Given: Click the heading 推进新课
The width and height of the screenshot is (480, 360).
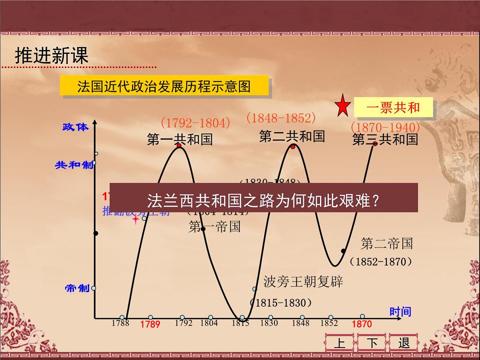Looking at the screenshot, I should pos(51,56).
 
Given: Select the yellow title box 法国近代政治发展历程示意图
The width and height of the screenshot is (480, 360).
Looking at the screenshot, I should pos(164,86).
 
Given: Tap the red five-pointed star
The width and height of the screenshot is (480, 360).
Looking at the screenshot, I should pos(342,106).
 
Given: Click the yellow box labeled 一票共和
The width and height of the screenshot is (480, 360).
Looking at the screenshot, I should pos(393,108).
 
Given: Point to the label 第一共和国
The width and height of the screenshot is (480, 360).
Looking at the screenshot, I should pos(180,139).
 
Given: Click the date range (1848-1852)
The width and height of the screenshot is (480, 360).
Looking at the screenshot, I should pos(281,118).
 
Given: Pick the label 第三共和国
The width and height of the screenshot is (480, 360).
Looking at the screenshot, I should pos(385,139).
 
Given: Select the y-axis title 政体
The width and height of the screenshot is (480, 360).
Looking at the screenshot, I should pos(75,127).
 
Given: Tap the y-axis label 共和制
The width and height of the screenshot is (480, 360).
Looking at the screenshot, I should pos(74,165).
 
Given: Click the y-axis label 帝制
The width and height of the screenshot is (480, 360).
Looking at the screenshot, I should pos(77,288).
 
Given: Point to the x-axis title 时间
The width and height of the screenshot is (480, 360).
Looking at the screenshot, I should pos(400,312).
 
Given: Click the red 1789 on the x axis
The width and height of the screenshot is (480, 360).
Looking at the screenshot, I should pos(150,324).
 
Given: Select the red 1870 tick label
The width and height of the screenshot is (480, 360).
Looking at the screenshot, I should pos(362,324).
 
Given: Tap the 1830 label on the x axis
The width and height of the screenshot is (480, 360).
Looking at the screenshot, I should pos(269,323).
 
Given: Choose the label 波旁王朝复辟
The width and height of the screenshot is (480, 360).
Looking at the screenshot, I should pos(303,282).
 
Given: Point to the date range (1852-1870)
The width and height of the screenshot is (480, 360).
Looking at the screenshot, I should pos(381,262).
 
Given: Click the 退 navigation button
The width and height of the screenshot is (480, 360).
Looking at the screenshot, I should pos(404,343).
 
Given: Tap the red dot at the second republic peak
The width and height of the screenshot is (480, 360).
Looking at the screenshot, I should pos(293,147).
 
